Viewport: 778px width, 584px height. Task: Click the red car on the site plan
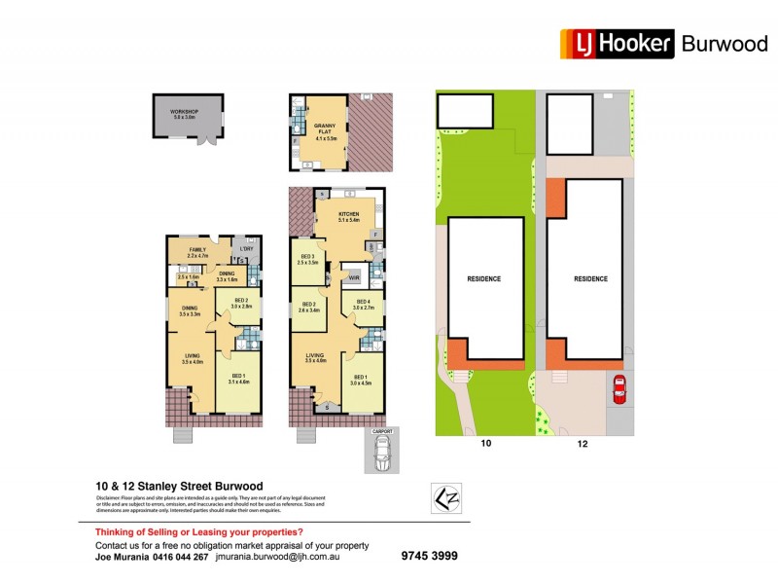click(x=618, y=389)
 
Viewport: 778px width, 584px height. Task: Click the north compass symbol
click(x=446, y=496)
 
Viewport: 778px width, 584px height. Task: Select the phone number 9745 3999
click(x=429, y=556)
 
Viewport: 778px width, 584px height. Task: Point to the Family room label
click(x=197, y=251)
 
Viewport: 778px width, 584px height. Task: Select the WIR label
click(x=354, y=277)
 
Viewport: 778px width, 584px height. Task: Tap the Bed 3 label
click(x=308, y=259)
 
